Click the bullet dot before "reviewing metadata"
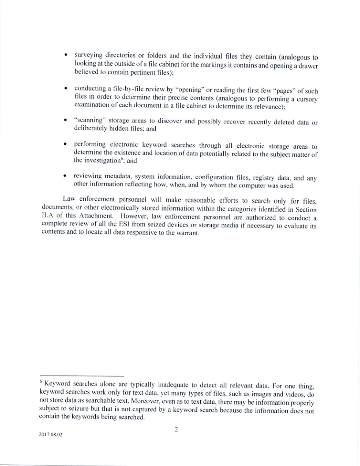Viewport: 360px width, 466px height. tap(66, 178)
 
